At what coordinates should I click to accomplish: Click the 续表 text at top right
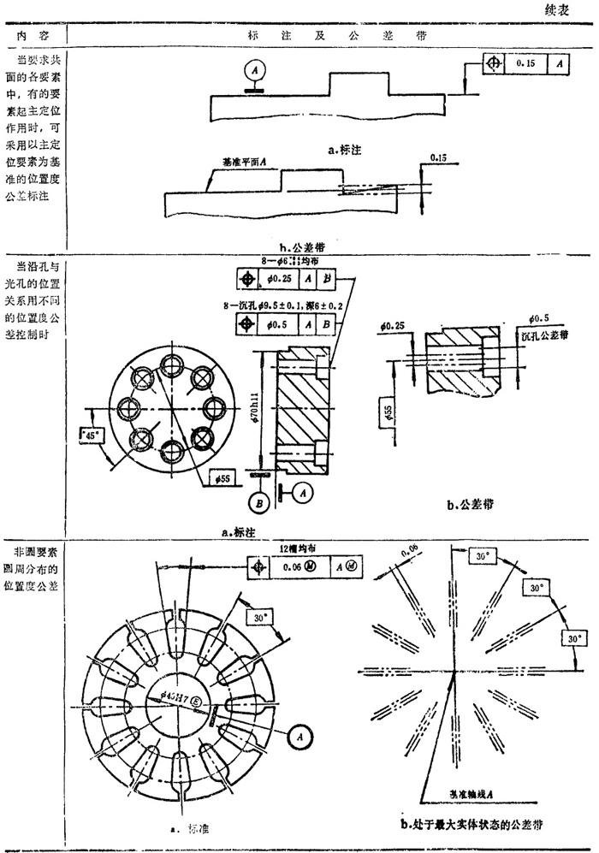tap(560, 11)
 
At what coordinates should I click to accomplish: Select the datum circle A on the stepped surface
tap(252, 68)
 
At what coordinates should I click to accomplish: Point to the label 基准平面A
tap(246, 160)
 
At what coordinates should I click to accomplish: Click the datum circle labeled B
tap(258, 501)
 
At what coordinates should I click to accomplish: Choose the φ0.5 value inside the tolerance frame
tap(277, 324)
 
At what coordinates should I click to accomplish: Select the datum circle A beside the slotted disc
tap(297, 734)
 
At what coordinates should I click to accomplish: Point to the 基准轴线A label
tap(473, 795)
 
